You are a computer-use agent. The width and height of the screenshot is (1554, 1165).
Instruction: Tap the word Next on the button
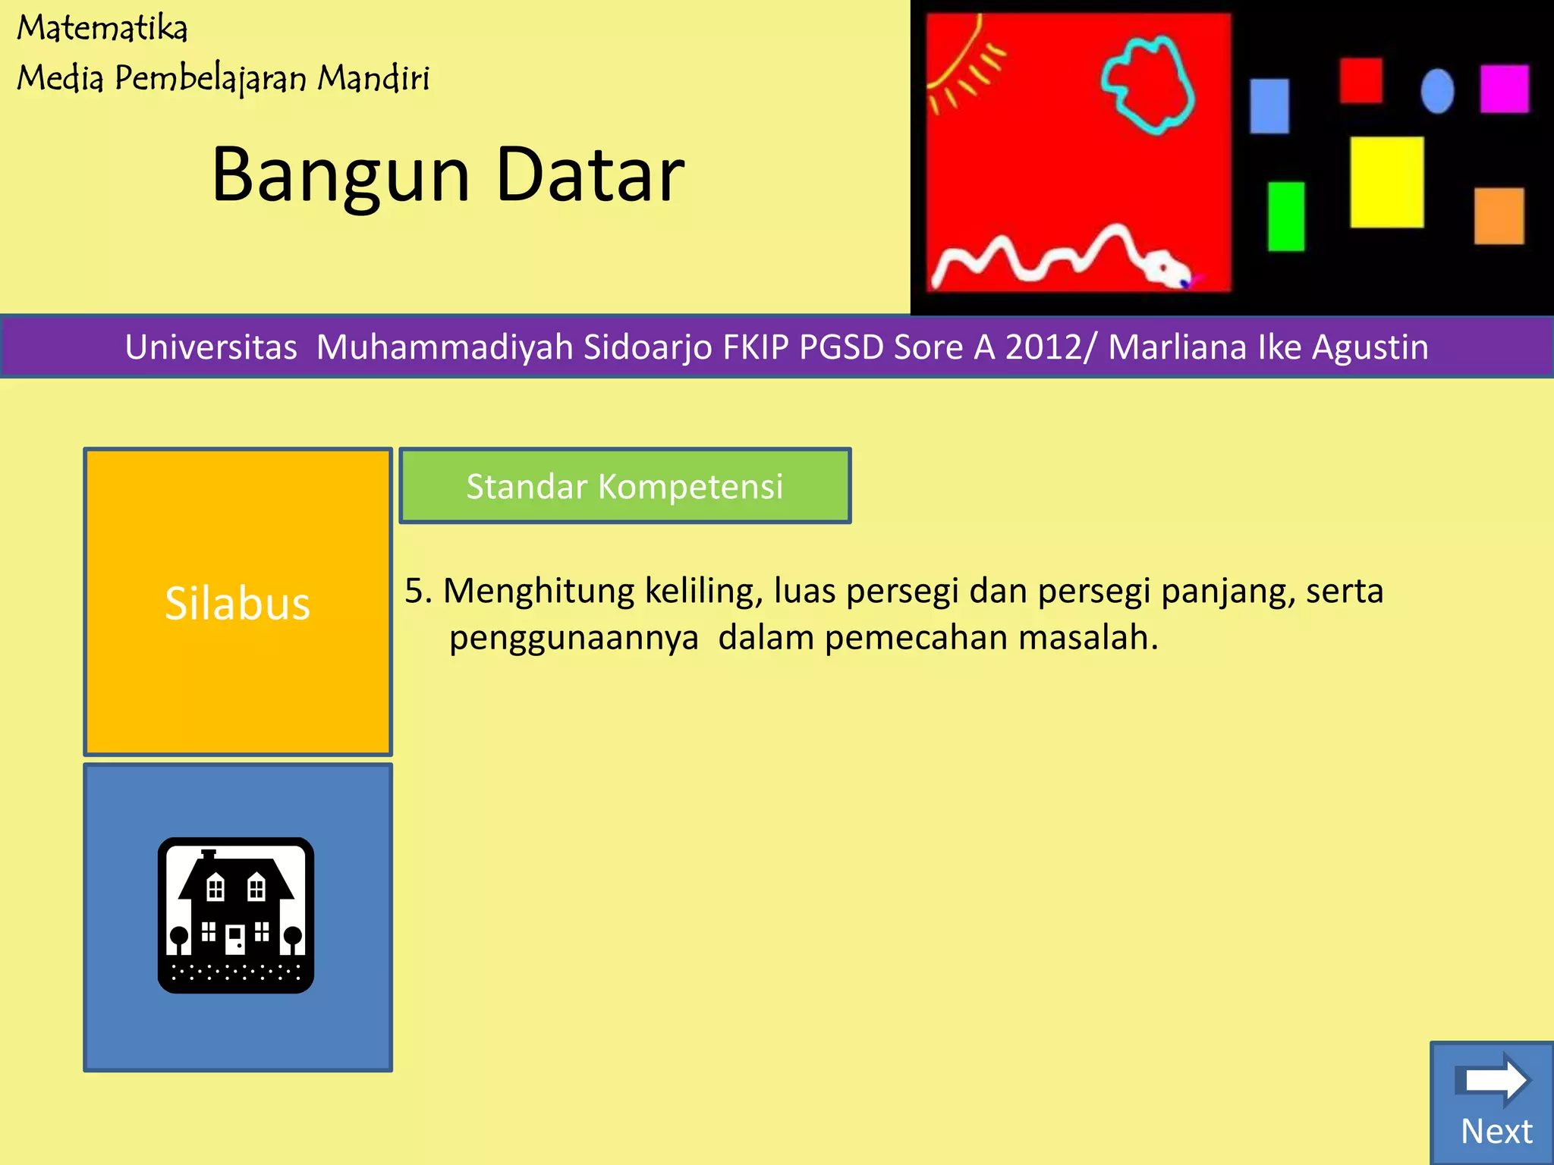coord(1496,1131)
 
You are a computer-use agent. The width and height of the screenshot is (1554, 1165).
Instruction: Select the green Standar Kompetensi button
coord(624,485)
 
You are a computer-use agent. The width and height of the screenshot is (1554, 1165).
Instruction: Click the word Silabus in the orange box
coord(238,604)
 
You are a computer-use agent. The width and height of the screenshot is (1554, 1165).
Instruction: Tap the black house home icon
coord(236,915)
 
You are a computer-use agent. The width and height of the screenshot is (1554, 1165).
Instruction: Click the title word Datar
coord(590,175)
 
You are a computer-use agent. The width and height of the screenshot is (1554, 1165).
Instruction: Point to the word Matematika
coord(102,29)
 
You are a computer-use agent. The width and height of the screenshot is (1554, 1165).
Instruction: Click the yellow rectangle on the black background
coord(1386,182)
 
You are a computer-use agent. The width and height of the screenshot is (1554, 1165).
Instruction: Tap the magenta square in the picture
coord(1504,89)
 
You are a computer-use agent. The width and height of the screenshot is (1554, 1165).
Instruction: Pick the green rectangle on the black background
coord(1286,216)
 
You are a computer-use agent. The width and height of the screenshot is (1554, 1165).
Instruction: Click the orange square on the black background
coord(1499,216)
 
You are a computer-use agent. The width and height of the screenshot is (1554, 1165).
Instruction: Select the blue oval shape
coord(1437,91)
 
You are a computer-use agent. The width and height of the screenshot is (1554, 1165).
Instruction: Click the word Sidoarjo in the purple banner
coord(647,347)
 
